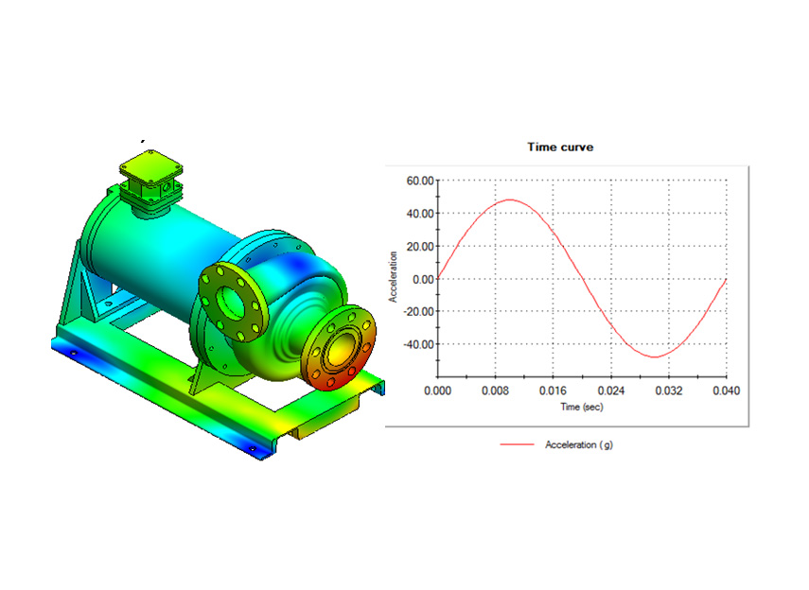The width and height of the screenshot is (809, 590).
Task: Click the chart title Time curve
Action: click(560, 147)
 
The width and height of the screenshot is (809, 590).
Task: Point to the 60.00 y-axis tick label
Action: click(420, 181)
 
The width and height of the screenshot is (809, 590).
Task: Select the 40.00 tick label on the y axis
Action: click(420, 214)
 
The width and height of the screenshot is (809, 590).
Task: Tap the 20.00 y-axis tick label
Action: click(420, 247)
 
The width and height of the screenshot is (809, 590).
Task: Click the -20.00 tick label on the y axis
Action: click(418, 311)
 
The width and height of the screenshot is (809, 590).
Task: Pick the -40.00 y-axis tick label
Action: click(418, 344)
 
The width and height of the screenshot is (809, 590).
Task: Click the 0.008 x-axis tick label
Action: click(495, 390)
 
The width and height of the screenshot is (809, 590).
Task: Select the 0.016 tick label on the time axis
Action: click(554, 390)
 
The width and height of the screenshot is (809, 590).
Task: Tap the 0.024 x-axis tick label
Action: click(611, 390)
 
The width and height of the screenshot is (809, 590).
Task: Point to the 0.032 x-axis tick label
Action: click(669, 390)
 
